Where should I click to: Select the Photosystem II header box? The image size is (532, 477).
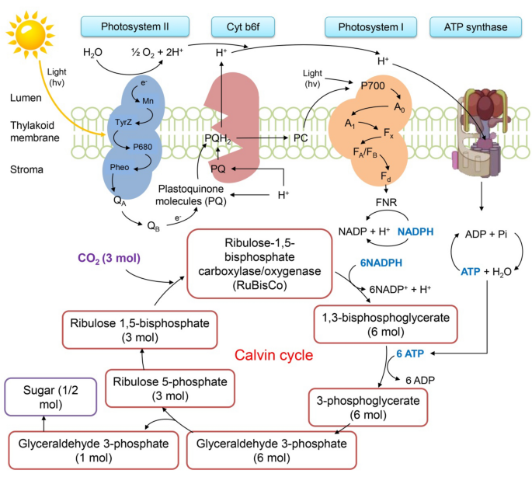coord(134,27)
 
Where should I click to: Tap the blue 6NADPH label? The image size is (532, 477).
coord(381,263)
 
